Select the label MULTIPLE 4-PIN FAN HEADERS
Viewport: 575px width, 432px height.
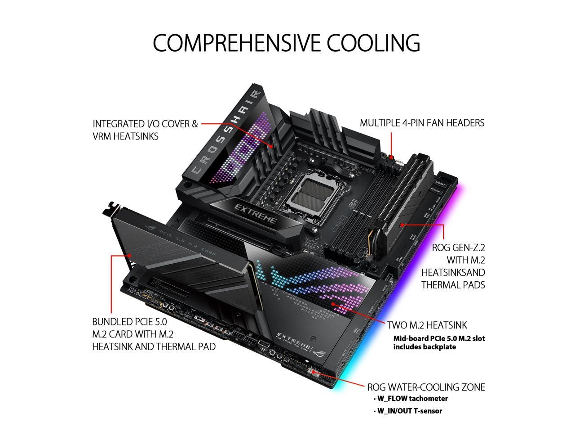pos(422,123)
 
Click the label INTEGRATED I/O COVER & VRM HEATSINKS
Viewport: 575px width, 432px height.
pos(145,130)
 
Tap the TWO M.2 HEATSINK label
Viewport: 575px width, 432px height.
pos(427,325)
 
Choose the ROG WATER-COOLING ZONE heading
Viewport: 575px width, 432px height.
pos(426,387)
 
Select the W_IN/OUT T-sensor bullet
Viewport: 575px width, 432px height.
pos(409,411)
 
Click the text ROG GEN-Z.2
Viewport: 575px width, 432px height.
pos(458,247)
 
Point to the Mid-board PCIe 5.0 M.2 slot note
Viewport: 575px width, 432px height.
pos(439,342)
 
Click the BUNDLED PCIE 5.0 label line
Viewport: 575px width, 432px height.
pos(129,322)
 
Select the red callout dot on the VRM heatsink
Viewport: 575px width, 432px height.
pos(272,146)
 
